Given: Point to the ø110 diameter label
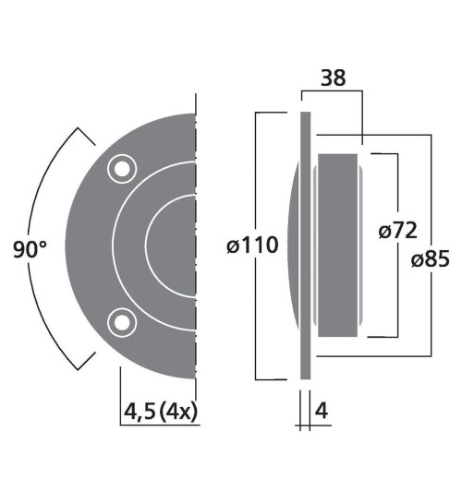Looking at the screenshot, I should [250, 246].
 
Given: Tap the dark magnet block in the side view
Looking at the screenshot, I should [336, 245].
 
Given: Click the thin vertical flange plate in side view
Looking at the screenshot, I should [303, 245].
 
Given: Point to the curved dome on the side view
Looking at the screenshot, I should [292, 245].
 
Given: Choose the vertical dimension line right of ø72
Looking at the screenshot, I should [398, 295].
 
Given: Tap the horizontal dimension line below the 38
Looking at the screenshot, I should [333, 93].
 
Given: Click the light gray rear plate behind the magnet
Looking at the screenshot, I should [315, 245].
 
